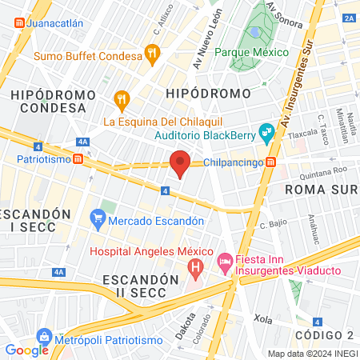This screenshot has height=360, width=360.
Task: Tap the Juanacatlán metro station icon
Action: click(x=18, y=23)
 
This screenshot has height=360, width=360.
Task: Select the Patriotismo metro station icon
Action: click(x=78, y=158)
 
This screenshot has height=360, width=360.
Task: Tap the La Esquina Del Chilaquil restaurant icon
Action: click(x=122, y=99)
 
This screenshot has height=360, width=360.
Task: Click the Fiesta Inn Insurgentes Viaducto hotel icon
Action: click(x=226, y=262)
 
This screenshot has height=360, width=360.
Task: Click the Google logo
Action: click(x=26, y=350)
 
